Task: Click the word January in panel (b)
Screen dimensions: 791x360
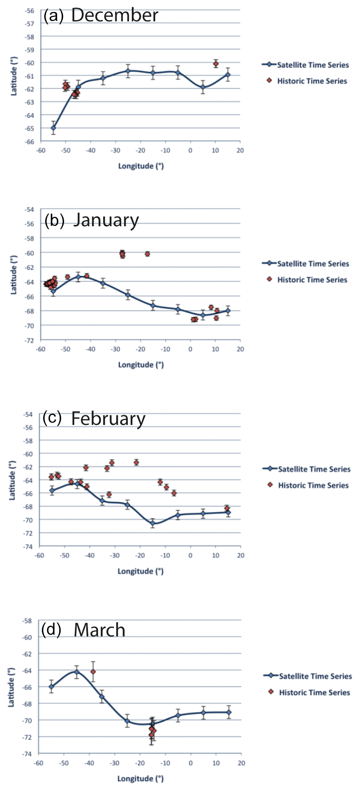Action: point(106,220)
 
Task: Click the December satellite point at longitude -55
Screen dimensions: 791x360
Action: point(53,128)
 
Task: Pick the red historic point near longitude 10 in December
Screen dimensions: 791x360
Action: point(216,64)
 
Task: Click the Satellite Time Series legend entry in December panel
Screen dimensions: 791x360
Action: point(312,65)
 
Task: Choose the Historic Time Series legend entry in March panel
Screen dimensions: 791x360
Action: point(314,692)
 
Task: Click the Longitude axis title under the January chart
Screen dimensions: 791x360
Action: point(141,365)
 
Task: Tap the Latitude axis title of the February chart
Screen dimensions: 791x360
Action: point(12,480)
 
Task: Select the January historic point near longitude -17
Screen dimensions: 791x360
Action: point(148,254)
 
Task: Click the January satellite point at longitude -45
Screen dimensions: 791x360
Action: point(78,277)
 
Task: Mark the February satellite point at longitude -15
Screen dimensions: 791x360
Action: point(152,523)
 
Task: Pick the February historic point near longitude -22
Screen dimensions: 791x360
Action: point(136,462)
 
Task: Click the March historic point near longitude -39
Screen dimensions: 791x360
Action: point(93,672)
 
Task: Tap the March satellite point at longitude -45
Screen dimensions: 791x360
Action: point(77,672)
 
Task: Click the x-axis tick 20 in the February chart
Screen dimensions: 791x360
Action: point(241,555)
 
